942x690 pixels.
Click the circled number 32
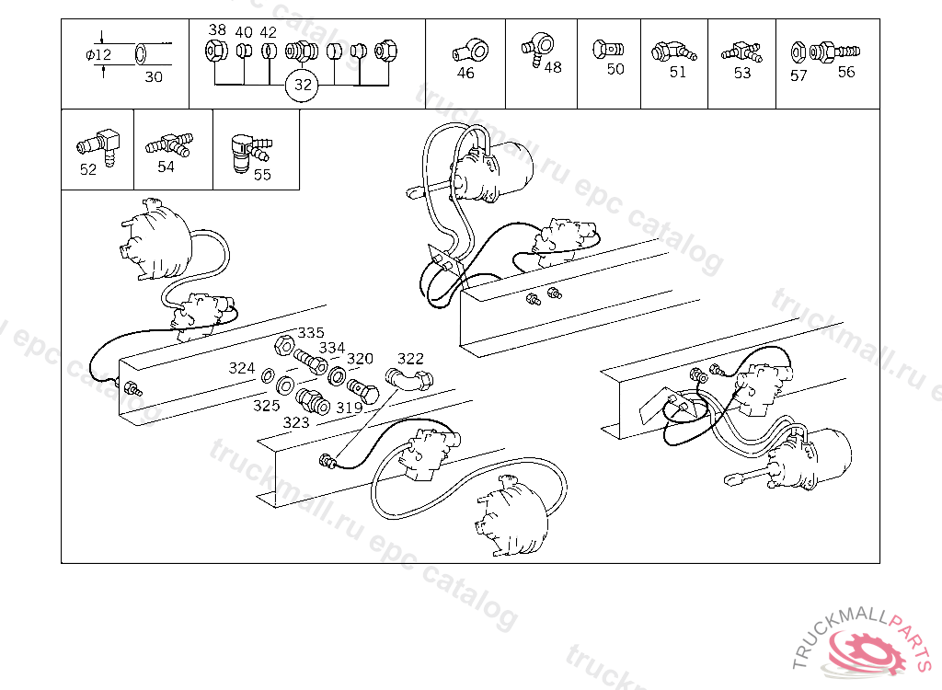coord(303,85)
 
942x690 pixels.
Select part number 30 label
coord(154,76)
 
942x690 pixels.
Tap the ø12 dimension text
coord(98,54)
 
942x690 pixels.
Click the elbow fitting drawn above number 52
coord(98,146)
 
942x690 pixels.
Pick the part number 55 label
coord(262,174)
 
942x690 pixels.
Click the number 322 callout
coord(410,359)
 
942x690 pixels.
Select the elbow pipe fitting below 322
coord(408,380)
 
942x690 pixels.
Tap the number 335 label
coord(311,332)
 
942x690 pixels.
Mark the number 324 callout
coord(242,368)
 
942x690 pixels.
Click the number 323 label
coord(295,422)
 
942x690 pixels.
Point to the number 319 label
coord(349,408)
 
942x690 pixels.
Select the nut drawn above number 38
coord(215,52)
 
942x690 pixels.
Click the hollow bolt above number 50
coord(608,50)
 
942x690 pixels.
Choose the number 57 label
coord(798,75)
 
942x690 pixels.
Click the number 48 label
coord(553,67)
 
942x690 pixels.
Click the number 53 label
coord(742,73)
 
